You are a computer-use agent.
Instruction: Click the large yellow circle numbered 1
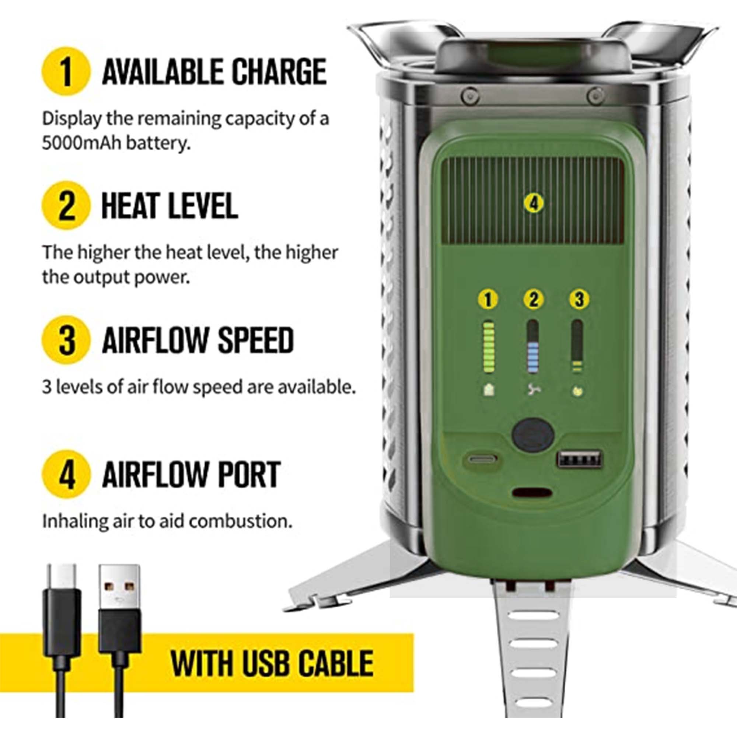click(x=66, y=71)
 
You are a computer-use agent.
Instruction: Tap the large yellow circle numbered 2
click(x=66, y=205)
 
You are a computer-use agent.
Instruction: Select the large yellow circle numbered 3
click(x=66, y=339)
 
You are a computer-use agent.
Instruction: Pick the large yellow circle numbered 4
click(x=66, y=474)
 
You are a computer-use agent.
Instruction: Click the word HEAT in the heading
click(x=131, y=206)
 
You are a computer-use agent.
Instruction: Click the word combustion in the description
click(x=240, y=521)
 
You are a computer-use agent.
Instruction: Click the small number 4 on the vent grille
click(x=534, y=203)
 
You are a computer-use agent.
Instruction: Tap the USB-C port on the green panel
click(x=483, y=458)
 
